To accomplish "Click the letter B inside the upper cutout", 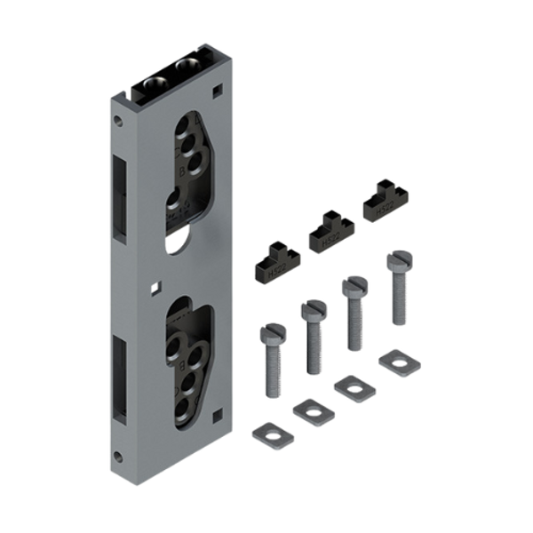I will pos(183,168).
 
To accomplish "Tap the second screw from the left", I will pos(314,337).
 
